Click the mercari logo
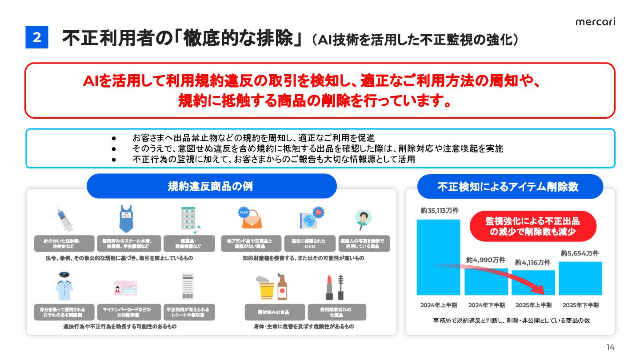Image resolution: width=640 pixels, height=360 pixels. pos(595,22)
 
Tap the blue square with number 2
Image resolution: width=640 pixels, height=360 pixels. pos(37,38)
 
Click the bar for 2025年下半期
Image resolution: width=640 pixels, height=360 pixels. pos(580,278)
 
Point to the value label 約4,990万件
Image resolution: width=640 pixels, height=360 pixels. pos(486,260)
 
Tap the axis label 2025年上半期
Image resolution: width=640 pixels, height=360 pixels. pos(533,305)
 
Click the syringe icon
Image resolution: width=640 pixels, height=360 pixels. pos(64,219)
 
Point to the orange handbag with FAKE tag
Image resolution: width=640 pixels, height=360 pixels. pos(248,218)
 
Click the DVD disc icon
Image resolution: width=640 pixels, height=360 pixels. pos(309,219)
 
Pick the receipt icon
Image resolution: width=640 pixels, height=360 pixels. pos(188,287)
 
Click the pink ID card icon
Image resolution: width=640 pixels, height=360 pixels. pos(126,288)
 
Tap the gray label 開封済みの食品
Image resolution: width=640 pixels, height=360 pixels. pos(275,312)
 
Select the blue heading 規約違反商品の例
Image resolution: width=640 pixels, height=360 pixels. pos(211,186)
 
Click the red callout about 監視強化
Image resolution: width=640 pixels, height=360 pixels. pos(532,226)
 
